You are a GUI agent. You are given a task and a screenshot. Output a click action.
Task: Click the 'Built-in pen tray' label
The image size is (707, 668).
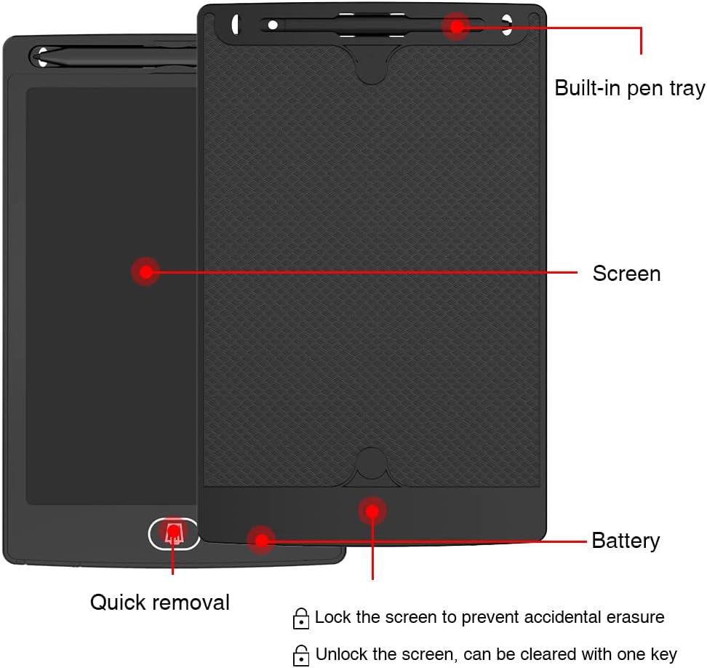tap(629, 88)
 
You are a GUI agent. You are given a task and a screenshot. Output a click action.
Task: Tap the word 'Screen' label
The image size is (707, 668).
tap(626, 274)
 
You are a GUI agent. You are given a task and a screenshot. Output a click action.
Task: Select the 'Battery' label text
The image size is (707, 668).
tap(626, 541)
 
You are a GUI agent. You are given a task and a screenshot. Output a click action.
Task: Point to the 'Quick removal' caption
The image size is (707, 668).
tap(159, 602)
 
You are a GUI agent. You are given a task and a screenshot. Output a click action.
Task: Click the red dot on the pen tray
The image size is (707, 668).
tap(457, 27)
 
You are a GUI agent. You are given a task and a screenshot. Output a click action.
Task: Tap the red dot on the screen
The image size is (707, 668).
tap(145, 272)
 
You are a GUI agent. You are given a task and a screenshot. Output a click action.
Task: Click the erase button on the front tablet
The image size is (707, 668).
tap(174, 534)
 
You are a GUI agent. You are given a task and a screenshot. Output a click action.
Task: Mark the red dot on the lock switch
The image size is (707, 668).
tap(372, 511)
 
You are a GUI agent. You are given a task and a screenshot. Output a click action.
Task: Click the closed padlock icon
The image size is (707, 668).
tap(300, 619)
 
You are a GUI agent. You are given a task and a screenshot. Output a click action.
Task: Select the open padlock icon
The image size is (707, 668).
tap(300, 654)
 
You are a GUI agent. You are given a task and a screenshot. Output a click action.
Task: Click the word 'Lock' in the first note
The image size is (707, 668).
tap(332, 618)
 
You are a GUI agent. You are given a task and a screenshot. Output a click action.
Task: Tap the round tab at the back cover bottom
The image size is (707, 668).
tap(372, 464)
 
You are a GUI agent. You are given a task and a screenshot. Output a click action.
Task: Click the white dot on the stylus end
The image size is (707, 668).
tap(273, 25)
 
